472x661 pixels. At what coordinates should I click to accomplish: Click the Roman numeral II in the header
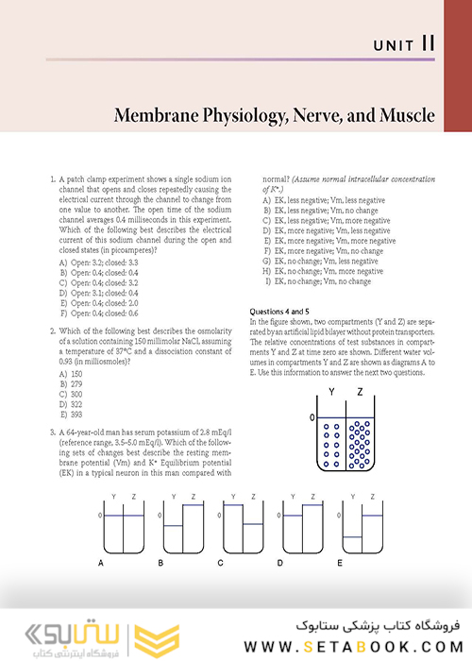[x=429, y=42]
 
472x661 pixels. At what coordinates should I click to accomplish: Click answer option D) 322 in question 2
[x=72, y=378]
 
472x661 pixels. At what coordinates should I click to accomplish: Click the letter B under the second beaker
[x=161, y=563]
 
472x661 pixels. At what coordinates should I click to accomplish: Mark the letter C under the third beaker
[x=220, y=563]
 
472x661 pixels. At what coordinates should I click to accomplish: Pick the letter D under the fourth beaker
[x=280, y=563]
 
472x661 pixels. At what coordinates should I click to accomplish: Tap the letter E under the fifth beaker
[x=339, y=563]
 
